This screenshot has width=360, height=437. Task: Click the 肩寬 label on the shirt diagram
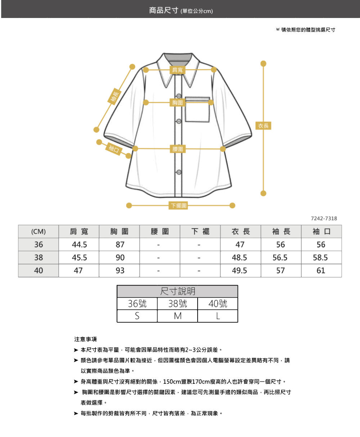177,70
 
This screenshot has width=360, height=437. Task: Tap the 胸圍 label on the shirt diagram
177,103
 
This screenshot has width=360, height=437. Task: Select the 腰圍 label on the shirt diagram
177,149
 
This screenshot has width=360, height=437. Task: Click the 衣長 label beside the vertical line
263,126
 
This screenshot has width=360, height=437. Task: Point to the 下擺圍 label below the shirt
178,205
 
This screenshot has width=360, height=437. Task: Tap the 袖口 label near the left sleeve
114,149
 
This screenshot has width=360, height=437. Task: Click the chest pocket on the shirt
197,109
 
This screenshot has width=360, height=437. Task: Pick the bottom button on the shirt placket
179,172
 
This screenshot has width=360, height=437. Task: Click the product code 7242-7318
324,218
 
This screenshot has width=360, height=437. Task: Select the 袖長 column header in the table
281,232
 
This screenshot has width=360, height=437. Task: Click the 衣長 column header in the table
240,232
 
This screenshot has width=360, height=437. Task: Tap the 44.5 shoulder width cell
80,245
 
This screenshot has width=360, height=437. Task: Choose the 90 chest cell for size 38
120,258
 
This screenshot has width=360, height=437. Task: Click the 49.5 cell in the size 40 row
239,270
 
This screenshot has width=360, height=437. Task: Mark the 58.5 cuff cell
320,258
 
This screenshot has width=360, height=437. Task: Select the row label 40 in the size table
39,270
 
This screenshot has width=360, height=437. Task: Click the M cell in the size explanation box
178,316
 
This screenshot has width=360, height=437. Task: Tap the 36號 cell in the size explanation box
137,304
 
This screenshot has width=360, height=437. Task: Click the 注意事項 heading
85,339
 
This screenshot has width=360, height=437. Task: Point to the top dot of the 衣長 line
263,64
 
